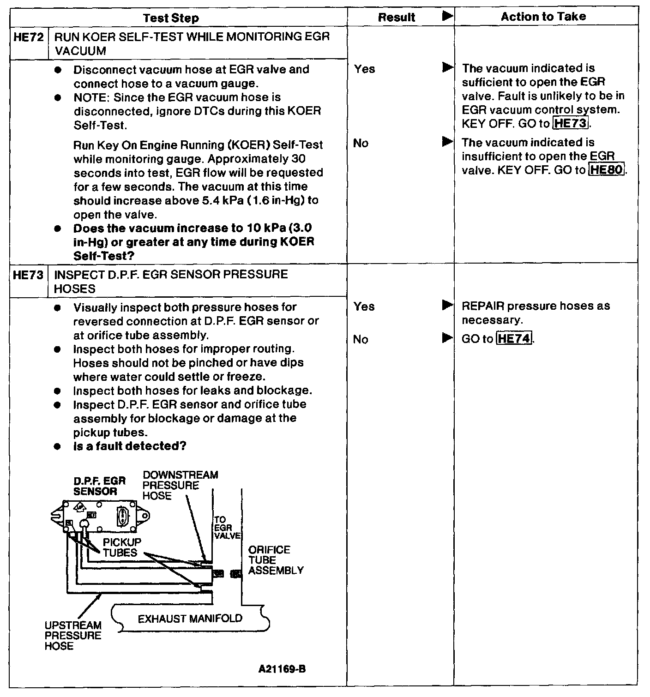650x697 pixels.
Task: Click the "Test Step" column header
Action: [171, 18]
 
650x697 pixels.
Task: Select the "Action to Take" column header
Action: [543, 17]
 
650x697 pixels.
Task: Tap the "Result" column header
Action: [396, 18]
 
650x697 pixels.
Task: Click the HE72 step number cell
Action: [29, 37]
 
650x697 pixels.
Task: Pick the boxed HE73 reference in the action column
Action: [571, 124]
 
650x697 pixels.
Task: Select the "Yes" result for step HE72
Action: [365, 69]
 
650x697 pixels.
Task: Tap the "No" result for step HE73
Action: [361, 340]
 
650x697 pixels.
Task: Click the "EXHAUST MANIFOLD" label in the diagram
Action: [190, 619]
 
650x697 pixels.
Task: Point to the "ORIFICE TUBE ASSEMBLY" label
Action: [276, 560]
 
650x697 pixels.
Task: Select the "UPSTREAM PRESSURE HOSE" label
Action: [73, 636]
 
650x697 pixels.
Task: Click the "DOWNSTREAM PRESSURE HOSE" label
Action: [180, 485]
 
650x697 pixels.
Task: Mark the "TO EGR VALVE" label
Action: [227, 528]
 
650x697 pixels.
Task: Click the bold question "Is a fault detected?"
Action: [130, 446]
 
